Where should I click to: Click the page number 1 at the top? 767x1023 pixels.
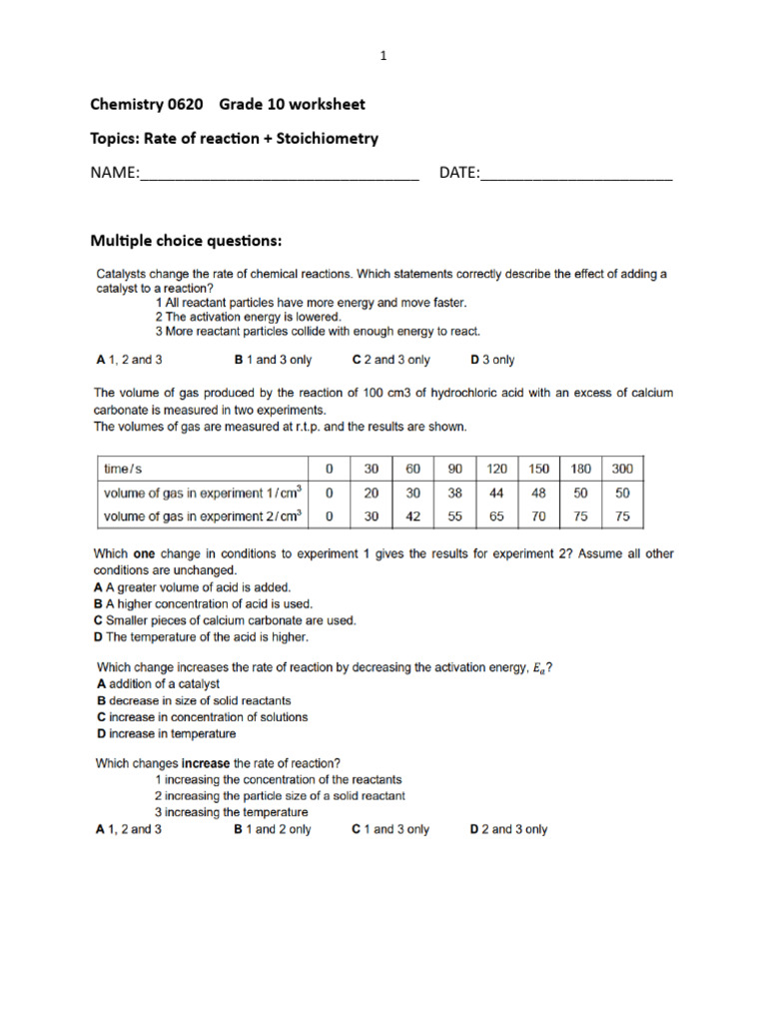[x=383, y=57]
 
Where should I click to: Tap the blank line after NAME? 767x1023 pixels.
[x=279, y=174]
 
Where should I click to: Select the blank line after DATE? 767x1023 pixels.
[x=576, y=174]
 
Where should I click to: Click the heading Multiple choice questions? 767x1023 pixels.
[x=187, y=241]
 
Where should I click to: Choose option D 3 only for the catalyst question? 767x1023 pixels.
[x=492, y=360]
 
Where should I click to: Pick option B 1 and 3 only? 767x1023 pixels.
[x=273, y=360]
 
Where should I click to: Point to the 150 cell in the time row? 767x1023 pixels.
[x=538, y=469]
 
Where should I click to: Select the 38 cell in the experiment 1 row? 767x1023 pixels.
[x=455, y=493]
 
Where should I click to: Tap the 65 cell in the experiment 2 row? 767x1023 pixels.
[x=496, y=516]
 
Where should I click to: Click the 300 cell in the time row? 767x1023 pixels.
[x=622, y=469]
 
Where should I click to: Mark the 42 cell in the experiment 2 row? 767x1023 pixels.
[x=412, y=516]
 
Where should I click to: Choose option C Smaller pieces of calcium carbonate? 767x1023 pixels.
[x=225, y=620]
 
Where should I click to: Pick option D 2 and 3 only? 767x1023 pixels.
[x=508, y=829]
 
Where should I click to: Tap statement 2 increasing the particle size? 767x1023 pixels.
[x=280, y=796]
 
